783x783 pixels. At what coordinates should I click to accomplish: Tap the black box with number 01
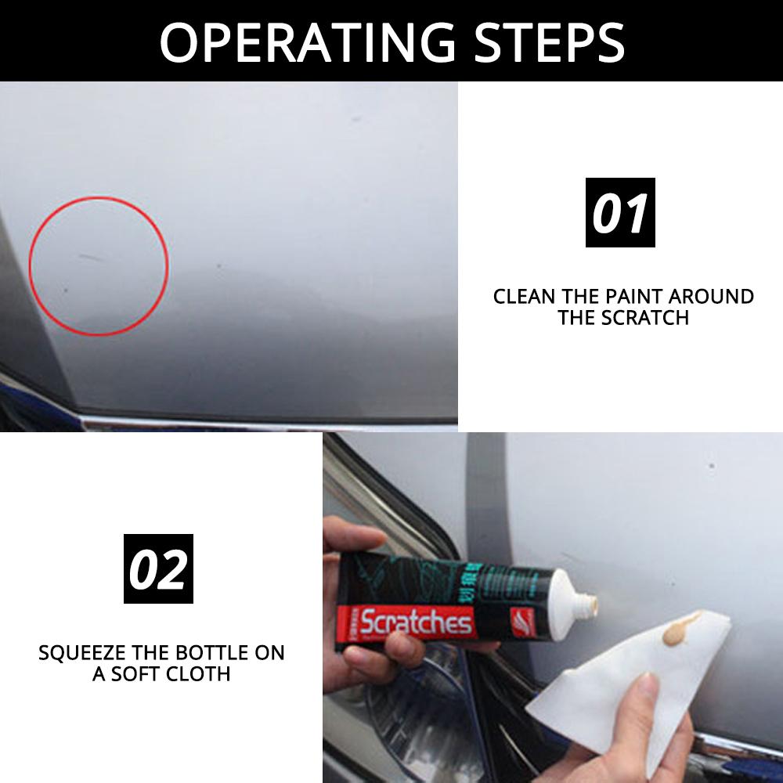pyautogui.click(x=620, y=213)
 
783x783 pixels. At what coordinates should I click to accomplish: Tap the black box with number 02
pyautogui.click(x=158, y=568)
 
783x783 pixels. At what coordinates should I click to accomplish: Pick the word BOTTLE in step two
pyautogui.click(x=199, y=652)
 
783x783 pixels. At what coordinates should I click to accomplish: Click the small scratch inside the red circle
pyautogui.click(x=92, y=256)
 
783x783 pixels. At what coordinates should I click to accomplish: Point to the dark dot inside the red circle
pyautogui.click(x=65, y=290)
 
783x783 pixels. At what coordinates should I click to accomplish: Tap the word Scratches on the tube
pyautogui.click(x=417, y=624)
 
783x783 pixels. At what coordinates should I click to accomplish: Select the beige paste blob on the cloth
pyautogui.click(x=677, y=626)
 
